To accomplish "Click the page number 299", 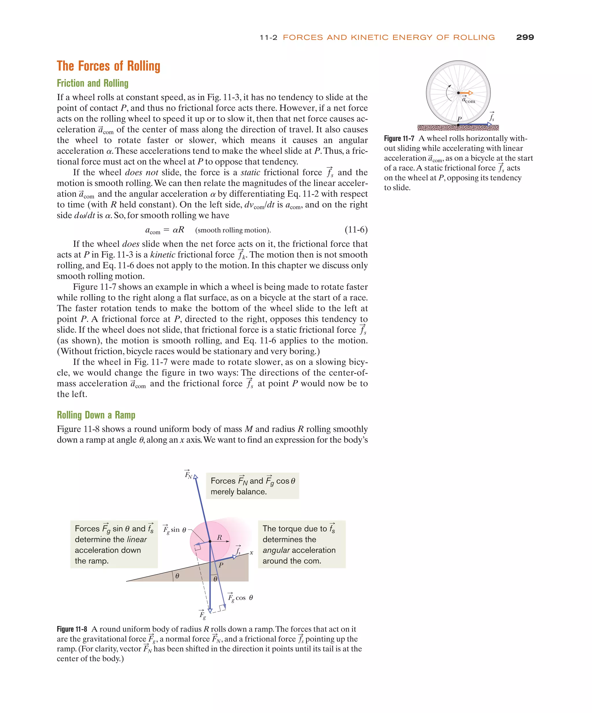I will pyautogui.click(x=524, y=37).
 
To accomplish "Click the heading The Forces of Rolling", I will pyautogui.click(x=108, y=66).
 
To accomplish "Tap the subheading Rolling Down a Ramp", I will pyautogui.click(x=96, y=415).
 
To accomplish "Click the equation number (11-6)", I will pyautogui.click(x=356, y=230).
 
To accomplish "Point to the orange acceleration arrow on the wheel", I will pyautogui.click(x=466, y=93).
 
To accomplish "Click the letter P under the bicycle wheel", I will pyautogui.click(x=459, y=119).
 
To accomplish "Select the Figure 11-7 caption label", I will pyautogui.click(x=399, y=138).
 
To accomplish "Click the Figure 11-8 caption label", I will pyautogui.click(x=72, y=629).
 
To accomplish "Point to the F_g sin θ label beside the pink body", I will pyautogui.click(x=175, y=530).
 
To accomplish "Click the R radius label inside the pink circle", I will pyautogui.click(x=219, y=537).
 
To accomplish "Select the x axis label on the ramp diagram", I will pyautogui.click(x=251, y=553).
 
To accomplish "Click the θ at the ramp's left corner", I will pyautogui.click(x=177, y=576).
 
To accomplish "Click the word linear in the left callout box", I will pyautogui.click(x=136, y=540).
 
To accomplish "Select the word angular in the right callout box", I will pyautogui.click(x=276, y=551).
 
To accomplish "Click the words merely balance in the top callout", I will pyautogui.click(x=238, y=492).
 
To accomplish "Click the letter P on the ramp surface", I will pyautogui.click(x=221, y=565).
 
